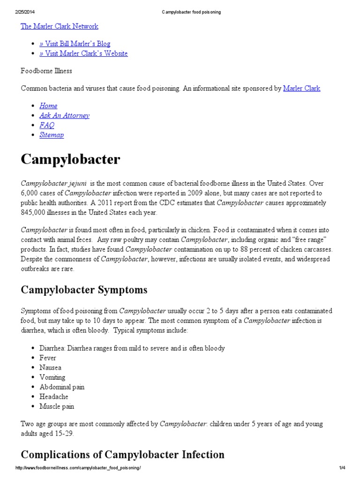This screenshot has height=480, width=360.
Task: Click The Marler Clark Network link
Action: (59, 26)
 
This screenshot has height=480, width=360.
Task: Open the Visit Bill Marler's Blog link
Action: (75, 44)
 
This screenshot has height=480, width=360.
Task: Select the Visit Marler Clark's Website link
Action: (83, 53)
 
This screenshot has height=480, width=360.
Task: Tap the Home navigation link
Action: (48, 106)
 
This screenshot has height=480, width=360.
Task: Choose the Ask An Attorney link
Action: (64, 116)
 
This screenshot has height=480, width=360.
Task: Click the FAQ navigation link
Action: (47, 125)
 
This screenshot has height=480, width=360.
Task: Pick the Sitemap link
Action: (52, 135)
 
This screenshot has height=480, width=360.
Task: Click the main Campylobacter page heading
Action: (70, 159)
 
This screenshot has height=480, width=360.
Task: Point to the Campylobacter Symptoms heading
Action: (84, 290)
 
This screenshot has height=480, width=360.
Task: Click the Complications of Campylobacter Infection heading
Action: (122, 455)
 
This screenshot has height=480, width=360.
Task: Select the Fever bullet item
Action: (48, 358)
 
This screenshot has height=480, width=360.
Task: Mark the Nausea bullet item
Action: (50, 368)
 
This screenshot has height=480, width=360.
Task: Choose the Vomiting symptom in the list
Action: (52, 377)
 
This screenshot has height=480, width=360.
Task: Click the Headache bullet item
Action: (53, 397)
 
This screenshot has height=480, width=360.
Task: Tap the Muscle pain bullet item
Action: (57, 406)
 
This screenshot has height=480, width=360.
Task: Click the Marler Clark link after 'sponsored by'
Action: (301, 88)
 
